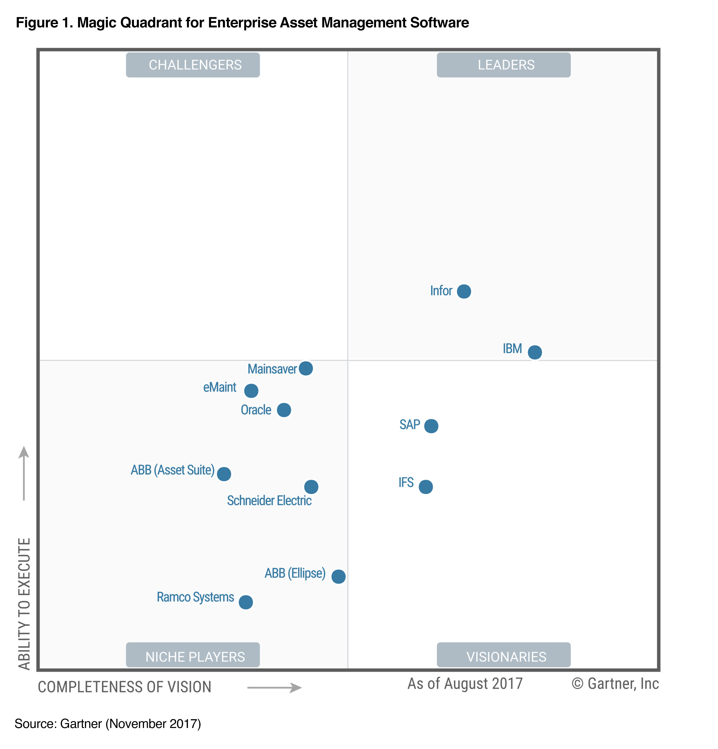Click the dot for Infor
(464, 291)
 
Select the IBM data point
(534, 352)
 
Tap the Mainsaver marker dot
(306, 368)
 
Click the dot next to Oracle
(284, 410)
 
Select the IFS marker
(425, 487)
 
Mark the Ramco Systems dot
(246, 602)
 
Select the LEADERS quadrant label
(503, 65)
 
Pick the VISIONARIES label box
(503, 656)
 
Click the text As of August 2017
(464, 683)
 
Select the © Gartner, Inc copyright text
(615, 683)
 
